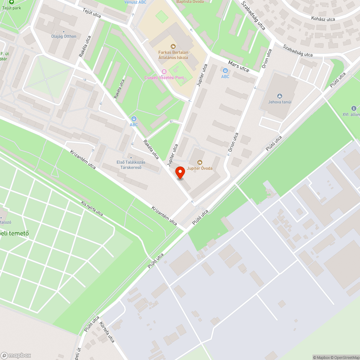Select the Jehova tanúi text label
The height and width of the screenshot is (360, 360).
tap(280, 102)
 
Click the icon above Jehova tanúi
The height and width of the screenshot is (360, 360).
tap(280, 96)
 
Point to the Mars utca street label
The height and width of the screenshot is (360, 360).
tap(239, 66)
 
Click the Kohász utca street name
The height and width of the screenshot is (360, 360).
tap(323, 19)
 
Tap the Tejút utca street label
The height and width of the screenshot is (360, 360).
tap(92, 14)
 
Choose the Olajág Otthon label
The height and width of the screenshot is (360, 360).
tap(64, 36)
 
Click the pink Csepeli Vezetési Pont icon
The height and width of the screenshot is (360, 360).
tap(164, 72)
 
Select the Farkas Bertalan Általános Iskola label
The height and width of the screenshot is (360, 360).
tap(173, 55)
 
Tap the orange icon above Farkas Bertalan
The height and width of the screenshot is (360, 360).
tap(173, 46)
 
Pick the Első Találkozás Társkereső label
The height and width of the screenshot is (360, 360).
tap(131, 165)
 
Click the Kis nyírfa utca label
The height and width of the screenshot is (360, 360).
tap(92, 209)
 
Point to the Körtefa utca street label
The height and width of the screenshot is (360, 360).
tap(107, 332)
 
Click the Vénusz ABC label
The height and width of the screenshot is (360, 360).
tap(135, 2)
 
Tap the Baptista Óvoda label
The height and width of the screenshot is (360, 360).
tap(190, 2)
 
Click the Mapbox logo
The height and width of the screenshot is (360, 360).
tap(15, 355)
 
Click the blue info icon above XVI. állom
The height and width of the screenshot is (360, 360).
tap(354, 108)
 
